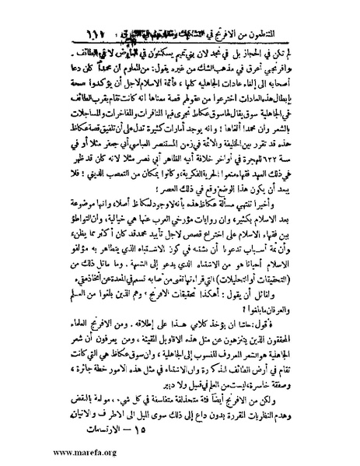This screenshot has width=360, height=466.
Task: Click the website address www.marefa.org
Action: click(40, 449)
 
